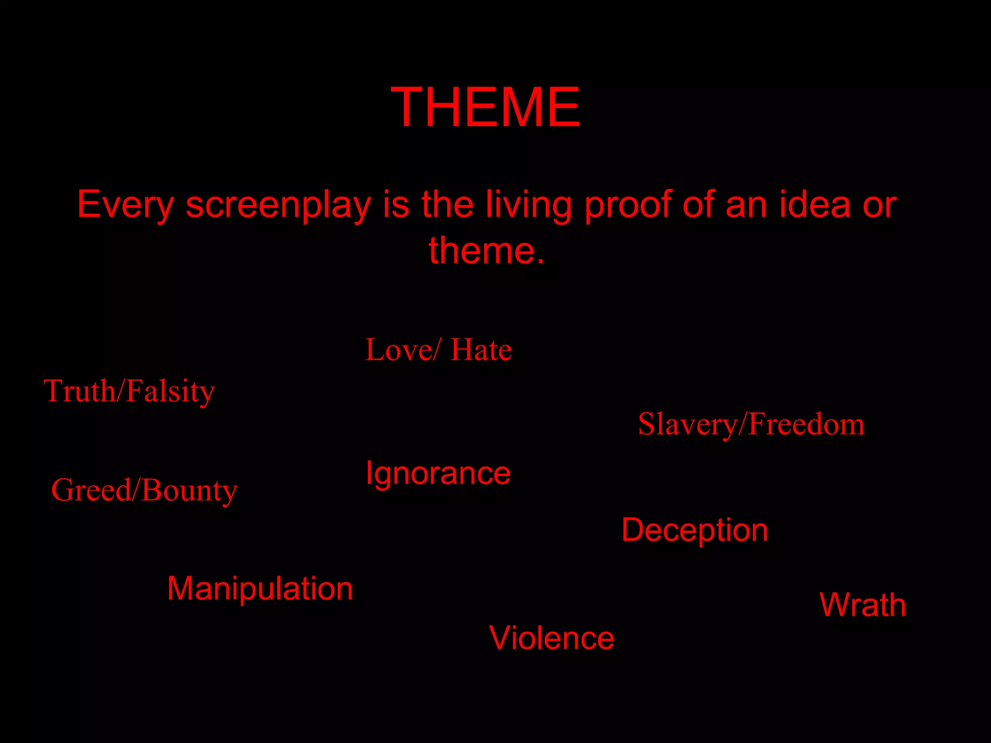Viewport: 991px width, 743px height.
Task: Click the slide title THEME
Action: click(485, 107)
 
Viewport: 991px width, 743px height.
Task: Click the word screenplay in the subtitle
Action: click(278, 205)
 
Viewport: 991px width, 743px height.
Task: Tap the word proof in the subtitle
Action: click(628, 205)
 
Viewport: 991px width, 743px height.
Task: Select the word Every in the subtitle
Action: click(125, 205)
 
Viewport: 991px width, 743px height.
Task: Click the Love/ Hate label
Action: click(438, 350)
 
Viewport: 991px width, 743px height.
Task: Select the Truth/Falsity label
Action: click(129, 391)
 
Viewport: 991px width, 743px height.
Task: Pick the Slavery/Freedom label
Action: click(751, 424)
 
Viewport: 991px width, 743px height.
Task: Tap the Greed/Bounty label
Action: click(144, 490)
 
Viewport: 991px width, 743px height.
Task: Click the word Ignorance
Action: click(438, 473)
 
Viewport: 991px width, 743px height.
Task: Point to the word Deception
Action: click(694, 530)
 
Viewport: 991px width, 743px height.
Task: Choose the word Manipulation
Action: click(260, 589)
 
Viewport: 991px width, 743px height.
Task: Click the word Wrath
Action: click(862, 605)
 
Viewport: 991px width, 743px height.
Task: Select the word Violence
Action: click(551, 638)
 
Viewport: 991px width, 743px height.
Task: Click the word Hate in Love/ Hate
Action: click(481, 350)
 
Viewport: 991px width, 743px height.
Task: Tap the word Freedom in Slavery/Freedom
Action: click(806, 424)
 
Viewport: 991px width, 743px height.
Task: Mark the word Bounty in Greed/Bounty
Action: click(190, 490)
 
